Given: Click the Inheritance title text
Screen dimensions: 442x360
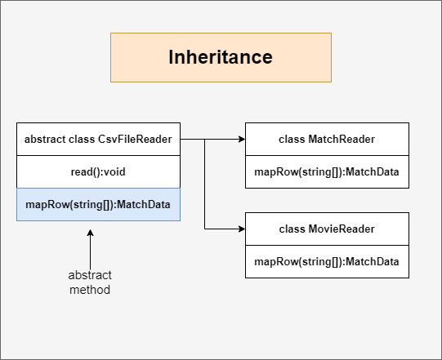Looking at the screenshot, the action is pos(221,57).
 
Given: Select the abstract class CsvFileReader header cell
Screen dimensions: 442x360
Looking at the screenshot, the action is pos(98,139).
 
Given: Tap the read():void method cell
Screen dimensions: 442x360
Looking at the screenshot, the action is pos(98,171).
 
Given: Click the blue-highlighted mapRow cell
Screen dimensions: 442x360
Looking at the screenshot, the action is pos(98,205).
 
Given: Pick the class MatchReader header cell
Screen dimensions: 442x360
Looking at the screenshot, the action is pos(327,139).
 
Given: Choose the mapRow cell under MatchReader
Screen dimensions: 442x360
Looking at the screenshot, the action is pos(327,171).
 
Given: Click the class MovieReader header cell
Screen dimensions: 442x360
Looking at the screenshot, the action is pos(327,229).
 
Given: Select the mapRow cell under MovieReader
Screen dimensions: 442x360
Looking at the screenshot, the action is pos(327,262).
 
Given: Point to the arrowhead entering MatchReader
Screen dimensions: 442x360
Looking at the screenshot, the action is pos(242,139).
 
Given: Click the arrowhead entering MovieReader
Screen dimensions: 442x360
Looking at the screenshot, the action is pos(242,229).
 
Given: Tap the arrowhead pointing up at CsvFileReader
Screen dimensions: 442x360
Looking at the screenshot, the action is pos(90,233).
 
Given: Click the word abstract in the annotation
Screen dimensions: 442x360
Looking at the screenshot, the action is pos(90,275).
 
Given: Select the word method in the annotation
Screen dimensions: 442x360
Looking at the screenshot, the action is pos(90,290).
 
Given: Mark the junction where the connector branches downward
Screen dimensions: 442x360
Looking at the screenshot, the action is pos(204,139).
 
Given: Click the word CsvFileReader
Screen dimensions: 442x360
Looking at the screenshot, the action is pos(135,139).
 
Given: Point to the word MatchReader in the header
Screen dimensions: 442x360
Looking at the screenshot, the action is pos(342,139).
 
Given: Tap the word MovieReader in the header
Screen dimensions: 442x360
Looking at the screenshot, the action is pos(342,229).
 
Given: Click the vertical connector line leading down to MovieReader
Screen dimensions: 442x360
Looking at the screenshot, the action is pos(204,184).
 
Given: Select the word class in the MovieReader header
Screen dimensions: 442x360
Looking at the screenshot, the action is pos(292,229).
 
